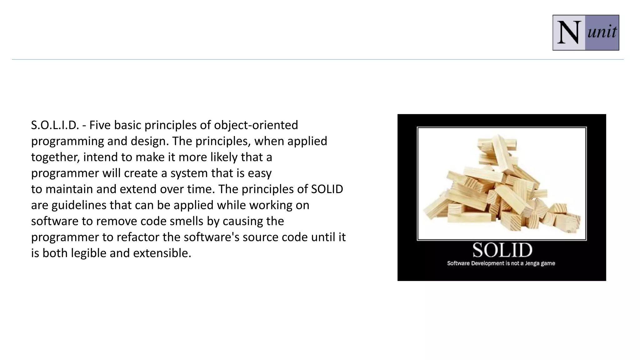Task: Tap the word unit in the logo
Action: click(x=602, y=32)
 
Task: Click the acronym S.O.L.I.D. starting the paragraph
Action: click(x=55, y=125)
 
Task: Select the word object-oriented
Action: click(x=256, y=125)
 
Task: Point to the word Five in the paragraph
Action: click(x=100, y=125)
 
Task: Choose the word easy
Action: click(x=260, y=173)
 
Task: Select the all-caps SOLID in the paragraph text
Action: click(x=327, y=189)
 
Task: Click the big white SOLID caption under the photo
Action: click(x=502, y=250)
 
